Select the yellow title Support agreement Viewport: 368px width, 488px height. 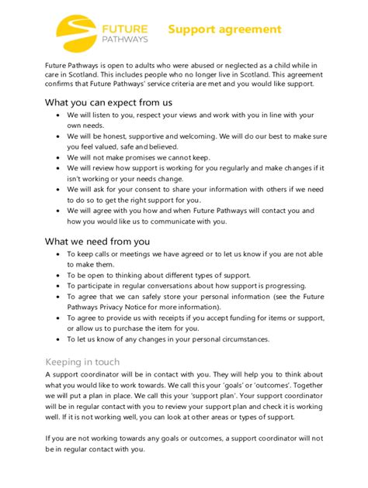point(225,29)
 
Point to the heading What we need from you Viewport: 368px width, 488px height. point(97,241)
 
